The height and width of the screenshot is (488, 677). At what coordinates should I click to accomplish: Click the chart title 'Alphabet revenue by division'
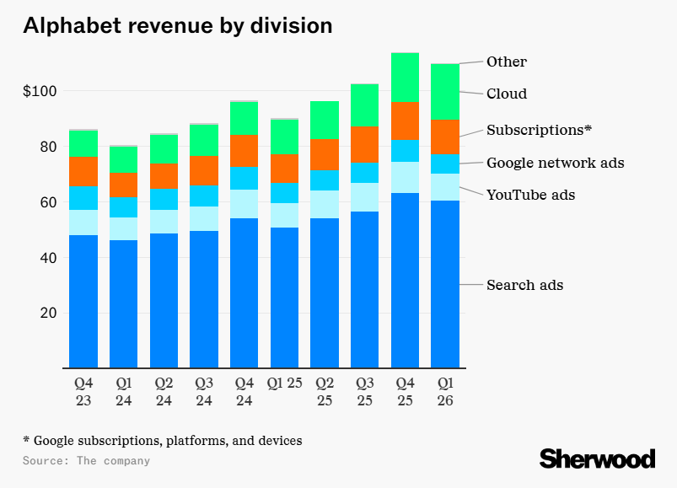point(177,26)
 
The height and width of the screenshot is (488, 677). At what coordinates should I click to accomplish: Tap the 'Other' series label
point(506,62)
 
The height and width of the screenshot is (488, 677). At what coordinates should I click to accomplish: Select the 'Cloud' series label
point(506,94)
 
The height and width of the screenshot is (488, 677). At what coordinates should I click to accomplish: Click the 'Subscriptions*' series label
point(540,131)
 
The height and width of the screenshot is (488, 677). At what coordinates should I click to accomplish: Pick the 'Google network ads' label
point(555,163)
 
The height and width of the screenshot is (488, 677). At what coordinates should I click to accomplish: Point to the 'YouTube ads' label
point(530,195)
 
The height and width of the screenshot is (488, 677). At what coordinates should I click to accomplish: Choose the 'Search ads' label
point(524,285)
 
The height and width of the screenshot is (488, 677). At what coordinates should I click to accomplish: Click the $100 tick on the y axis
point(39,91)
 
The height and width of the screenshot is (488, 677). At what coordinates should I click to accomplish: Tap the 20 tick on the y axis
point(47,313)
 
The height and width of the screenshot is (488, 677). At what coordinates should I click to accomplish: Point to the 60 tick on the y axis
point(47,202)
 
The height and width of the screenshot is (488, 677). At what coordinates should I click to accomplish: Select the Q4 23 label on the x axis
point(83,392)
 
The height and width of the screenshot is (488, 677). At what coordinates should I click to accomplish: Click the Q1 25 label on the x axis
point(284,384)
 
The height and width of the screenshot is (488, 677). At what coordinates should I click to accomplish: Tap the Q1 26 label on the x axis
point(445,392)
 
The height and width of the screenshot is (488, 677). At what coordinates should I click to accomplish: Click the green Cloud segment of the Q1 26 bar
point(445,92)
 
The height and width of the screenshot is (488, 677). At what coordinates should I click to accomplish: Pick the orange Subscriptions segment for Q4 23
point(83,171)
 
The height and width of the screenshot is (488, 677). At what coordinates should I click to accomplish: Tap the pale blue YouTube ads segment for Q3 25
point(364,197)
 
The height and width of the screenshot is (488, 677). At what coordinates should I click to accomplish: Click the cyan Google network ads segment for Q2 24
point(164,199)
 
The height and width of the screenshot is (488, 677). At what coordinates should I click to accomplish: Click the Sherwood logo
point(597,459)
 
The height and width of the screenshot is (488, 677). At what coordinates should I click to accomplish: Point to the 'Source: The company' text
point(86,461)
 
